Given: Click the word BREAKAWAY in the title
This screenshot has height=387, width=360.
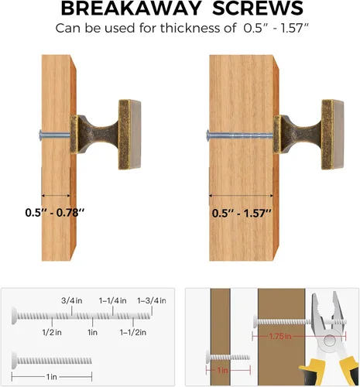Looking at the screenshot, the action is click(x=132, y=9).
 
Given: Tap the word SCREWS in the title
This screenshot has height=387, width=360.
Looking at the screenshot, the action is click(x=258, y=9).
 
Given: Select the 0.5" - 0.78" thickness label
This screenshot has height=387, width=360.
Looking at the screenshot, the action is click(x=55, y=213).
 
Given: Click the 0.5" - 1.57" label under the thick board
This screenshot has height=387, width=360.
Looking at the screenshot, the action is click(x=242, y=214).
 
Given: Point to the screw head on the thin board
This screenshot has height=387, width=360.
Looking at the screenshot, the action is click(x=40, y=134).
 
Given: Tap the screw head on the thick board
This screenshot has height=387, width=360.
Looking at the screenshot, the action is click(x=207, y=135).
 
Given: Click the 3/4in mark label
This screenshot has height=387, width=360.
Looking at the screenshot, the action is click(x=72, y=300).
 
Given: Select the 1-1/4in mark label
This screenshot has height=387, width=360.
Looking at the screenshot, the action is click(x=113, y=300).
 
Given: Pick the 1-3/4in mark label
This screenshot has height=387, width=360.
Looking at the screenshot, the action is click(x=152, y=300).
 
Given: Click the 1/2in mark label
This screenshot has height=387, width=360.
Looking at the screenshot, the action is click(x=52, y=332).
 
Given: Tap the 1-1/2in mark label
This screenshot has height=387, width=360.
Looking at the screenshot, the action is click(x=133, y=332).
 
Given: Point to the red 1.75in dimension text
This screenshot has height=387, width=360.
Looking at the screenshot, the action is click(x=280, y=337).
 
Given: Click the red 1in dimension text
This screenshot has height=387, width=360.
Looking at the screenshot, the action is click(x=222, y=371).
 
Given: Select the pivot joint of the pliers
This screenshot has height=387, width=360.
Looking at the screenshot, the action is click(x=330, y=340).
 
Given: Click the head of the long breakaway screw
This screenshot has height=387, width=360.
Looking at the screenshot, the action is click(x=14, y=316).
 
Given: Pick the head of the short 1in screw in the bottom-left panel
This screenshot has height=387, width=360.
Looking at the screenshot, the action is click(x=14, y=361).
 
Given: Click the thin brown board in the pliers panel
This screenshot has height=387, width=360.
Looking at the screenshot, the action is click(x=221, y=337).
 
